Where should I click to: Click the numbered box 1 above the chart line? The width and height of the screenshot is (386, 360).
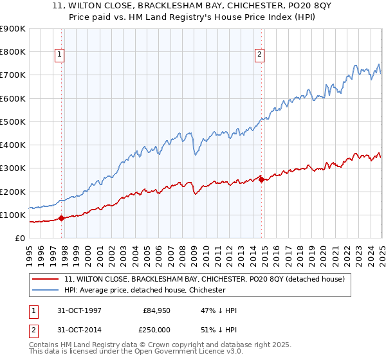pyautogui.click(x=59, y=55)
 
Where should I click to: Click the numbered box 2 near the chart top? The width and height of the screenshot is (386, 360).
pyautogui.click(x=260, y=55)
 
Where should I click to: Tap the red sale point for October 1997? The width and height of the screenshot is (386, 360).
pyautogui.click(x=62, y=218)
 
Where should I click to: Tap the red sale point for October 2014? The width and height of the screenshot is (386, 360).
pyautogui.click(x=261, y=179)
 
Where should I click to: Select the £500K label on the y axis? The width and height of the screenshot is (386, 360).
pyautogui.click(x=13, y=122)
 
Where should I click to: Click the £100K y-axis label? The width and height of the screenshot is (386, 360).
pyautogui.click(x=13, y=215)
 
